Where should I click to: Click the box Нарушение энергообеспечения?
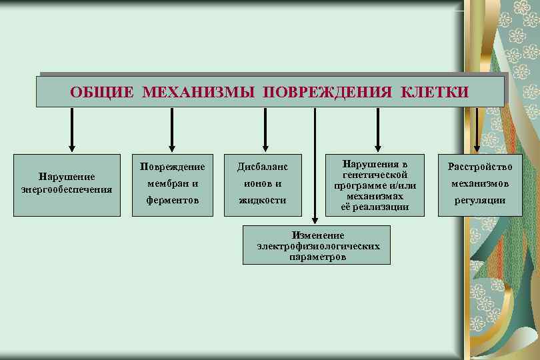click(x=67, y=183)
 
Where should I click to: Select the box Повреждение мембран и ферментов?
click(x=171, y=183)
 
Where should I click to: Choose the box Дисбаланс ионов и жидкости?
click(x=264, y=183)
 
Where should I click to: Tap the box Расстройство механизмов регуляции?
click(x=480, y=183)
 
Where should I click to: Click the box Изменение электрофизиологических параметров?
click(x=318, y=245)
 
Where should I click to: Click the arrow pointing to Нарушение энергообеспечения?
click(x=73, y=130)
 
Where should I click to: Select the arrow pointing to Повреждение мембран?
click(x=172, y=130)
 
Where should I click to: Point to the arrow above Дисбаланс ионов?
click(x=265, y=130)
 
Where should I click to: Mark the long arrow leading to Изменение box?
click(x=315, y=167)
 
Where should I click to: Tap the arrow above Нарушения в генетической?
click(x=378, y=130)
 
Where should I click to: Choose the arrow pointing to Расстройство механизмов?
click(x=476, y=130)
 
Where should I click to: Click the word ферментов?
click(x=171, y=199)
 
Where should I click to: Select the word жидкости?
click(x=264, y=199)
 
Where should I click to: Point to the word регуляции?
click(x=480, y=200)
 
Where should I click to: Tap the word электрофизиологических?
click(x=318, y=245)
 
